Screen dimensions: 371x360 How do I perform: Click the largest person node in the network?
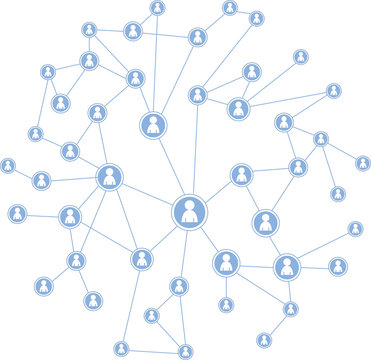[189, 212]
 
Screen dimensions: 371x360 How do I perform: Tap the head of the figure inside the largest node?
[189, 205]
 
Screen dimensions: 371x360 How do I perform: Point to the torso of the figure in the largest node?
[189, 218]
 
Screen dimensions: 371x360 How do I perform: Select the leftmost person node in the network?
[8, 165]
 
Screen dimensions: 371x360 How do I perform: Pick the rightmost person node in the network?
[362, 163]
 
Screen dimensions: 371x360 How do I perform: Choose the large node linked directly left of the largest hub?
[110, 177]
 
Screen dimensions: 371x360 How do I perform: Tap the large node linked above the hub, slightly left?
[153, 125]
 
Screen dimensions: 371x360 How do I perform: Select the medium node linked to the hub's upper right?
[242, 175]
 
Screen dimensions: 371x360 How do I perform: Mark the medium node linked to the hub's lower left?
[142, 259]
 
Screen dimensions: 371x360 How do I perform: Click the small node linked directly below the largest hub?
[179, 287]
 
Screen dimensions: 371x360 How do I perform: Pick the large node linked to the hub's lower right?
[227, 263]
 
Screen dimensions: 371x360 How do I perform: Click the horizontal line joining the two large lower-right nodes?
[257, 266]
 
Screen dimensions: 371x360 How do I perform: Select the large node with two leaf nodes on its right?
[287, 267]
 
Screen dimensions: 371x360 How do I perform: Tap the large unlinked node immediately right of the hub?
[266, 222]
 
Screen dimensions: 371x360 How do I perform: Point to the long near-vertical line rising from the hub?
[194, 150]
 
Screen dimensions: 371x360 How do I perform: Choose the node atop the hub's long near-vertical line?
[198, 95]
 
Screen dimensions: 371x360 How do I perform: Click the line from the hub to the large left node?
[148, 194]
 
